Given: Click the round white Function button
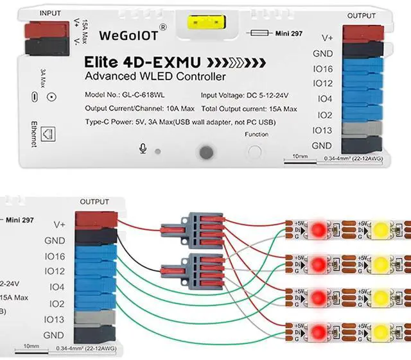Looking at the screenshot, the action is tap(256, 153).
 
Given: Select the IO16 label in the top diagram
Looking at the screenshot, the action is tap(322, 69).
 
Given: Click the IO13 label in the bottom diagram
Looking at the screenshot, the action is tap(53, 319).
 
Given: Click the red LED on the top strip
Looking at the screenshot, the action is tap(317, 228).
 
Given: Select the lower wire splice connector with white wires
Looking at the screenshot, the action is tap(199, 266).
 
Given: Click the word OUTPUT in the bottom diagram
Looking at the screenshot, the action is tap(94, 201).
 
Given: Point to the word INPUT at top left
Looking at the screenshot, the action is tap(50, 13).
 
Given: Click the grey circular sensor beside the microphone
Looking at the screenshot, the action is tap(205, 152).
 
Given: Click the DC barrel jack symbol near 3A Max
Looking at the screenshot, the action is tap(51, 97).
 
